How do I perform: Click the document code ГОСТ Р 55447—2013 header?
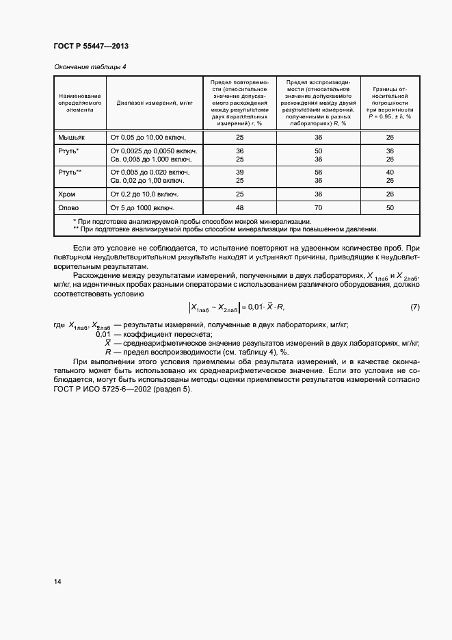click(91, 46)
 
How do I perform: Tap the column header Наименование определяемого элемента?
click(80, 103)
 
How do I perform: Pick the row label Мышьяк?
click(70, 138)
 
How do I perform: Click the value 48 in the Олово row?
click(239, 208)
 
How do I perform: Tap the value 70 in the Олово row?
click(318, 208)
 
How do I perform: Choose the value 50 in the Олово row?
click(390, 208)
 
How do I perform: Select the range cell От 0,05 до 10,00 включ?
click(148, 138)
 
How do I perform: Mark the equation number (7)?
click(414, 307)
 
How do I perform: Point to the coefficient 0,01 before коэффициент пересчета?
click(103, 333)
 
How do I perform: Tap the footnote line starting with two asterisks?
click(225, 229)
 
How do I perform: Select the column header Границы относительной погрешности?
click(390, 103)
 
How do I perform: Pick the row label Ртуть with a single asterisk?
click(69, 151)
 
